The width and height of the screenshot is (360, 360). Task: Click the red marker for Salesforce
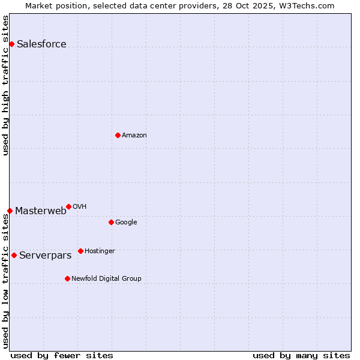tap(11, 44)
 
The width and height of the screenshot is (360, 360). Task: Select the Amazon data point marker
tap(118, 135)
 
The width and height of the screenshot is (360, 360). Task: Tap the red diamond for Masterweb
tap(10, 211)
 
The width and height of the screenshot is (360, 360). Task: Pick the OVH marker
tap(68, 206)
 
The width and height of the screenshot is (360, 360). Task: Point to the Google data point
tap(111, 222)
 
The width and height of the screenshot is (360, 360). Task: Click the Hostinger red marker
tap(80, 251)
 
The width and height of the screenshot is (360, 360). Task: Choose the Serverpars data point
tap(14, 255)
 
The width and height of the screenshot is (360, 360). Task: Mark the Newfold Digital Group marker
tap(67, 278)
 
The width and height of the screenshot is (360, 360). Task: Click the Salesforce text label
tap(41, 44)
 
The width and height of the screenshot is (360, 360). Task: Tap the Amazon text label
tap(134, 135)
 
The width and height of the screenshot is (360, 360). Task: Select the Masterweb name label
tap(41, 211)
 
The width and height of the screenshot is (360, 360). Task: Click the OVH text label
tap(80, 206)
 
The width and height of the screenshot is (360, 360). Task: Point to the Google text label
tap(126, 222)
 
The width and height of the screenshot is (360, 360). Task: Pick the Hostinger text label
tap(100, 251)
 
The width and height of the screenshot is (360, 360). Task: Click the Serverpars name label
tap(45, 255)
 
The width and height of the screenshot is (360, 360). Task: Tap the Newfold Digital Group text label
tap(106, 278)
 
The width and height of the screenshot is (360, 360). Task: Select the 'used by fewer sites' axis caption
tap(62, 355)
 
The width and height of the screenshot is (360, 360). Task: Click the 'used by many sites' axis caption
tap(301, 355)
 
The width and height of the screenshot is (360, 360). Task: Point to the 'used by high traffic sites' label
tap(5, 85)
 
